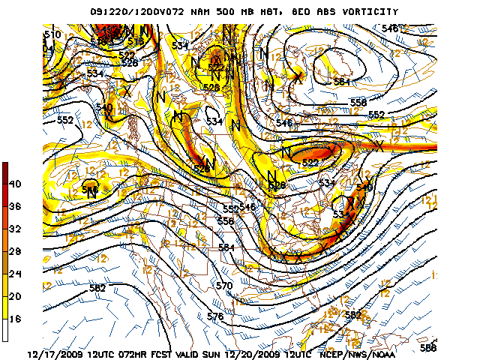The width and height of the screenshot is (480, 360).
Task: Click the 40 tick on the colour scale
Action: [15, 183]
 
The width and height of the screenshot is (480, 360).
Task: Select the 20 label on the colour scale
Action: [15, 296]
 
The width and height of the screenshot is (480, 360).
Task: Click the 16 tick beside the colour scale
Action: [15, 319]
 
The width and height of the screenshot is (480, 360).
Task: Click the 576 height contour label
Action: [215, 316]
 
